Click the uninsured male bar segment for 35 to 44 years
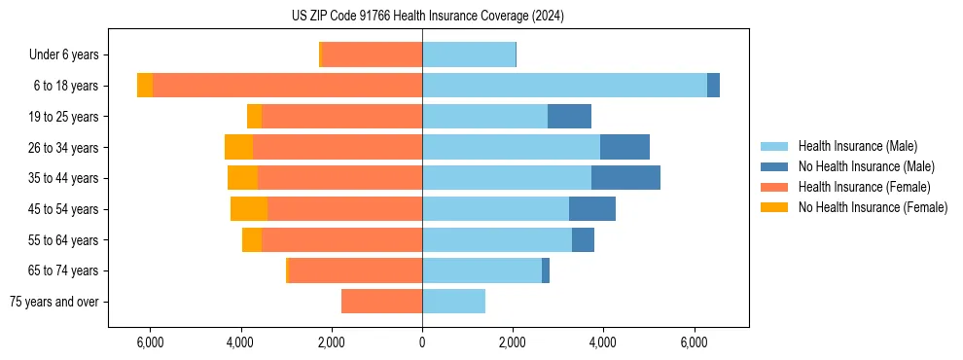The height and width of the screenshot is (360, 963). [625, 178]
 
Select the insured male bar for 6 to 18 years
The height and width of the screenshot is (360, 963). [564, 86]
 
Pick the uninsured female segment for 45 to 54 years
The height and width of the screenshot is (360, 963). [249, 209]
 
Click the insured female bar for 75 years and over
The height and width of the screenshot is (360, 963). [381, 302]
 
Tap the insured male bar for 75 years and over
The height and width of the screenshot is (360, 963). [453, 302]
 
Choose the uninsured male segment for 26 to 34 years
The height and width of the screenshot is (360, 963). [624, 147]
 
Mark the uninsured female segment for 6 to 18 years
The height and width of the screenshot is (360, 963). [145, 86]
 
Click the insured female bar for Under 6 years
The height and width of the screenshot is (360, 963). [372, 54]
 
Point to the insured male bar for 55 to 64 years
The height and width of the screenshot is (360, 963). [497, 239]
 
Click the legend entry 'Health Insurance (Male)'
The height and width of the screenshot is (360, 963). [857, 146]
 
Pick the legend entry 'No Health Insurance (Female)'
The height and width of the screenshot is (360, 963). [873, 207]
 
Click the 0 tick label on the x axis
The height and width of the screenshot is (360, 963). [422, 343]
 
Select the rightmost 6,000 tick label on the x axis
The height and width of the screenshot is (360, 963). [694, 343]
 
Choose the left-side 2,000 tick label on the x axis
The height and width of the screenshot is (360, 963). [332, 343]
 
